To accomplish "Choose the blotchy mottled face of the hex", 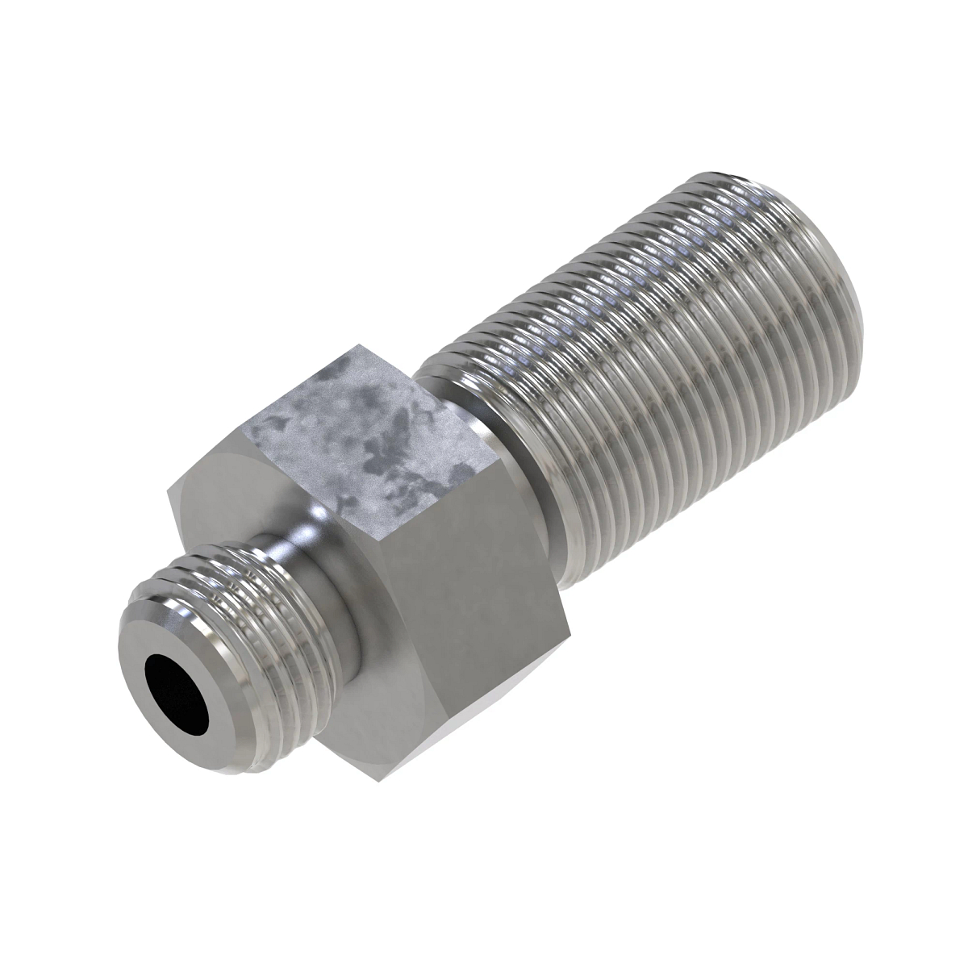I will pyautogui.click(x=363, y=436).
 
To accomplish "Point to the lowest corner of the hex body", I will pyautogui.click(x=377, y=779).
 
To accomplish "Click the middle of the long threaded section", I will pyautogui.click(x=645, y=363).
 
